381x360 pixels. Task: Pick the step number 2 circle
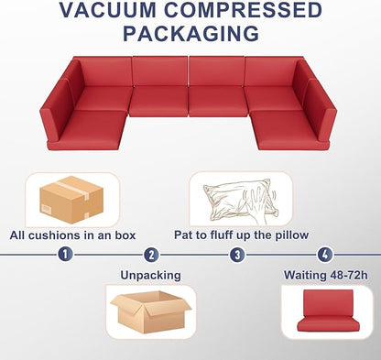click(151, 255)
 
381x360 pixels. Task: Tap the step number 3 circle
click(237, 255)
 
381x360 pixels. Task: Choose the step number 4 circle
click(323, 255)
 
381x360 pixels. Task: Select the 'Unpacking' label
click(151, 274)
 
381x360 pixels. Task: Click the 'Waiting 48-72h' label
click(325, 274)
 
